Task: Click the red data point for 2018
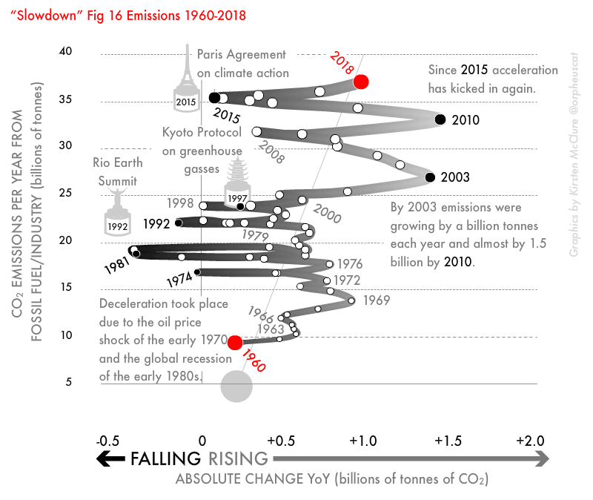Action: pos(361,82)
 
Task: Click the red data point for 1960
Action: pos(235,342)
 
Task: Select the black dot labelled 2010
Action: pos(440,119)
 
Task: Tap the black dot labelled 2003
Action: pos(429,177)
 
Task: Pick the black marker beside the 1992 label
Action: pos(179,222)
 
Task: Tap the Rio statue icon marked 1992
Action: pos(116,211)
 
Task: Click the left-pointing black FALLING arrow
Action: pos(111,459)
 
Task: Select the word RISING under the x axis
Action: pos(238,459)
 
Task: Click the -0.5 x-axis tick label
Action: pos(108,441)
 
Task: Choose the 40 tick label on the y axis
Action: pos(66,51)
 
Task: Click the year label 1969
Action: pos(377,300)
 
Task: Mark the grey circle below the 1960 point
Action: pos(237,386)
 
